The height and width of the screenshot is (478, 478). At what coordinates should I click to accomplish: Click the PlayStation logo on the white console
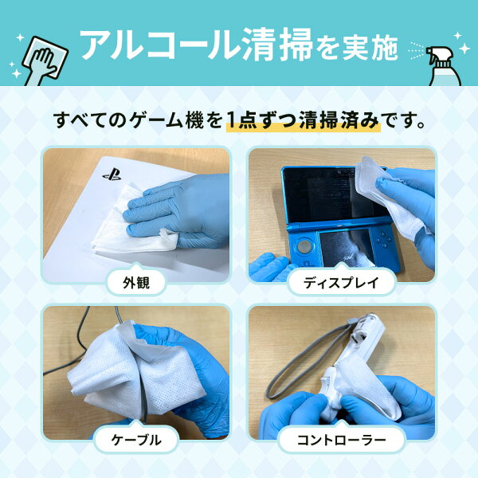click(112, 174)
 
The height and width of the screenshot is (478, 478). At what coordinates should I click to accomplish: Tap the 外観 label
click(136, 283)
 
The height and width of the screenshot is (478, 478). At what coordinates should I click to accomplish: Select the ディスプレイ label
click(341, 283)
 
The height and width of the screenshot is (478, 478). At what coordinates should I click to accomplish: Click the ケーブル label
click(136, 440)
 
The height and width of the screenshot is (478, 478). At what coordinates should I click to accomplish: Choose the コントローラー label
click(342, 440)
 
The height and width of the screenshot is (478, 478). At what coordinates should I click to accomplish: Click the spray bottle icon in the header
click(445, 65)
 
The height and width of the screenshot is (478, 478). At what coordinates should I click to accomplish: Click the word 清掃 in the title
click(278, 45)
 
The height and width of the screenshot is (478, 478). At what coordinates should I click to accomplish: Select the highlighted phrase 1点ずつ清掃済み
click(303, 121)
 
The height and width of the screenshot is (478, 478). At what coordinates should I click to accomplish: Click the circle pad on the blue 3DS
click(304, 245)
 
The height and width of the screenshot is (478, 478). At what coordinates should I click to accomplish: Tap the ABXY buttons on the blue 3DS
click(383, 239)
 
